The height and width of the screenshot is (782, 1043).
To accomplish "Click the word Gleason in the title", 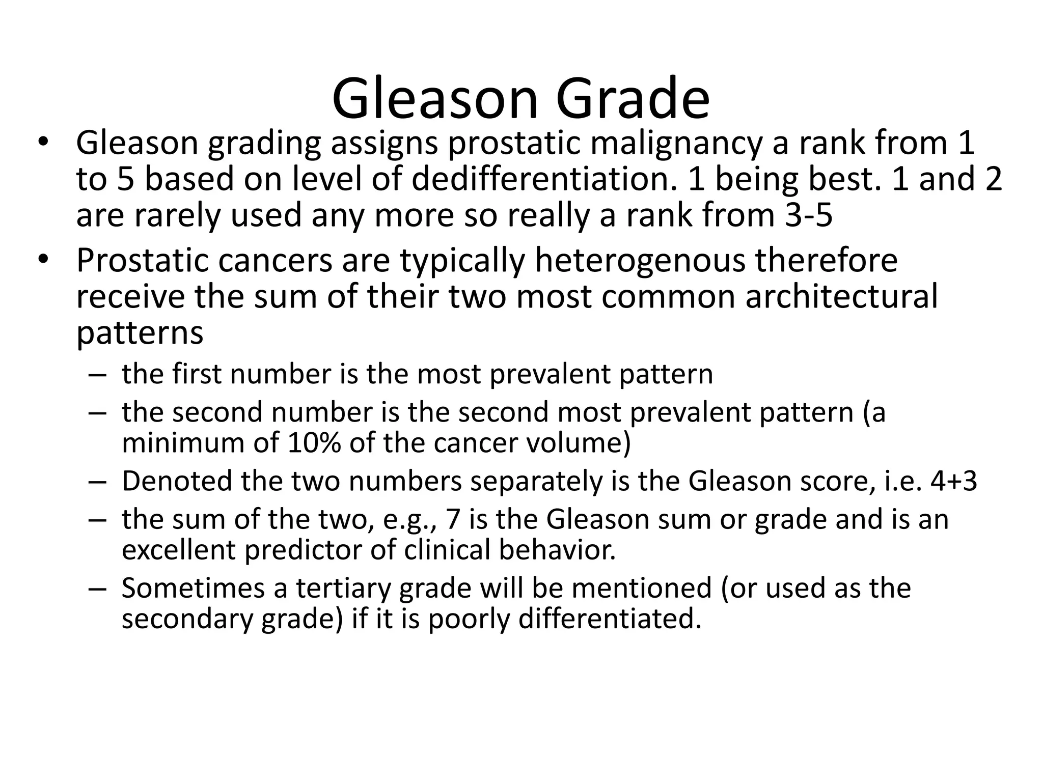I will click(x=435, y=98).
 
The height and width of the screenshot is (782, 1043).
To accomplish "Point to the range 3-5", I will click(x=808, y=215).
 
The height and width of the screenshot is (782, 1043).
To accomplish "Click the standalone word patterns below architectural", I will click(x=140, y=333).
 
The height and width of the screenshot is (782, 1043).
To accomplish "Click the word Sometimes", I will click(x=193, y=588).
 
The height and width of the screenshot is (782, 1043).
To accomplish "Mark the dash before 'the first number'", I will click(x=96, y=375).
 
